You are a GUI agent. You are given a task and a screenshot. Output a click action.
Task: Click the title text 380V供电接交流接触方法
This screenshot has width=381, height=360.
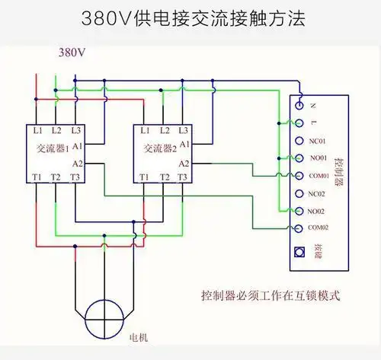(191, 18)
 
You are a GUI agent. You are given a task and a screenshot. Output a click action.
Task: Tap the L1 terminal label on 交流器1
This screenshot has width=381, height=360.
(38, 131)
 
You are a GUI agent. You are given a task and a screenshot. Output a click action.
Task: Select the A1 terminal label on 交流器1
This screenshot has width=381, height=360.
(77, 144)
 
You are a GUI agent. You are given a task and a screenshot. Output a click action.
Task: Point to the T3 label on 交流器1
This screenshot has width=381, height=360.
(74, 177)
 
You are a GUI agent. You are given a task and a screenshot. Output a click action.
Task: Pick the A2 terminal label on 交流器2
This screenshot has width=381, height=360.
(184, 164)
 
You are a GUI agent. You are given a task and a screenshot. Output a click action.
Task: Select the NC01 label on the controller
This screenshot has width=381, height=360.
(318, 141)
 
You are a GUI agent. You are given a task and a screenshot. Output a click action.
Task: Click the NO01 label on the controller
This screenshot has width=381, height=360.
(318, 158)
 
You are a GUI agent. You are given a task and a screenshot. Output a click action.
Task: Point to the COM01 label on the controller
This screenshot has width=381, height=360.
(320, 176)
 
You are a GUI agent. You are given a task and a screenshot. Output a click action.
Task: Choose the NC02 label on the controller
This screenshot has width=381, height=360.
(318, 193)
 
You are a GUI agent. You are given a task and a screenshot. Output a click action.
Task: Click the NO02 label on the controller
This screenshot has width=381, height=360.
(318, 211)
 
